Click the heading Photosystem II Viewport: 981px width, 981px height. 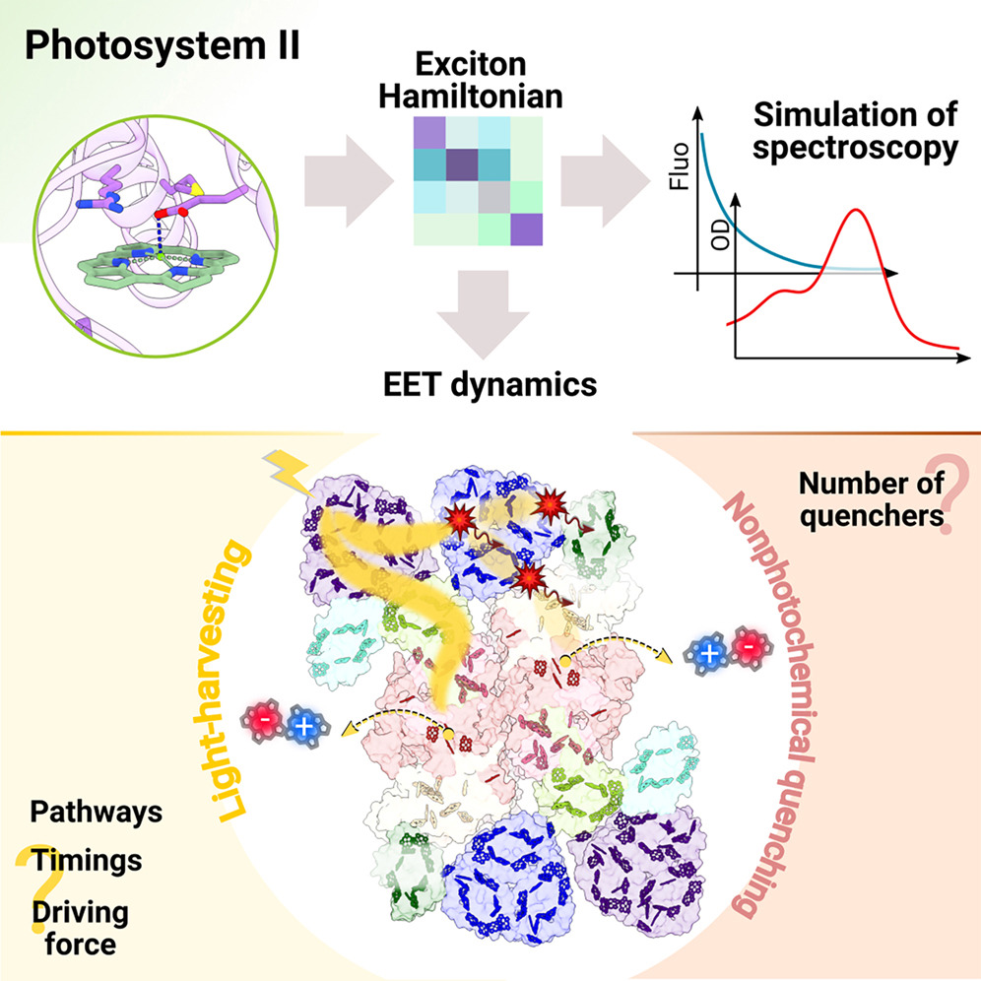pos(163,45)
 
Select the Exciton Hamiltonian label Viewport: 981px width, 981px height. pos(471,81)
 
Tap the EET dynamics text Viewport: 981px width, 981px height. pos(490,384)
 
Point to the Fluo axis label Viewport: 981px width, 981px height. pos(679,165)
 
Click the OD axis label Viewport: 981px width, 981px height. pos(721,234)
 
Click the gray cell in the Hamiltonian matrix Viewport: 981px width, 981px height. pos(494,197)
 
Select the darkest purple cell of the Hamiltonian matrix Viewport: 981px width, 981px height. pos(462,164)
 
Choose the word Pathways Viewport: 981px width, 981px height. pos(97,812)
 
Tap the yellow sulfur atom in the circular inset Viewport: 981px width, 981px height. pos(196,188)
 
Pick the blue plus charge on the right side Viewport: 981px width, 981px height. pos(709,654)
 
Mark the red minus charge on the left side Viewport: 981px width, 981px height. pos(265,721)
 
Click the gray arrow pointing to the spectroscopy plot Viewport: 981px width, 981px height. pos(606,181)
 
